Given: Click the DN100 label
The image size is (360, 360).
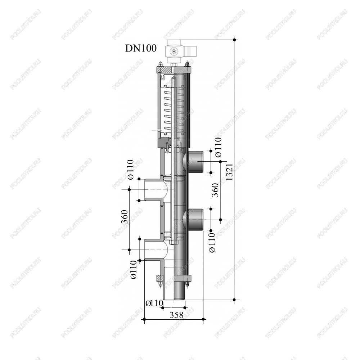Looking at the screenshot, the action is point(141,49).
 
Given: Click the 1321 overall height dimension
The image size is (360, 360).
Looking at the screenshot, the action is point(230,172).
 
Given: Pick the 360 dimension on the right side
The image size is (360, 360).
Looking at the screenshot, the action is point(215,190).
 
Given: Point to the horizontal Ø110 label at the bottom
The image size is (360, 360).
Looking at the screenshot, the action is point(154,303).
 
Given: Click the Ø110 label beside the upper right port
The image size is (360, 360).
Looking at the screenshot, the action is point(219,147).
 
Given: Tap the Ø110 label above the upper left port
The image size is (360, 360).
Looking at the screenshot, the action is point(130,170).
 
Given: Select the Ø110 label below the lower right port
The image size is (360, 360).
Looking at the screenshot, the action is point(212,242).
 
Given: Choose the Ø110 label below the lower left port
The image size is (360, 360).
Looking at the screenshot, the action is point(134,269).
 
